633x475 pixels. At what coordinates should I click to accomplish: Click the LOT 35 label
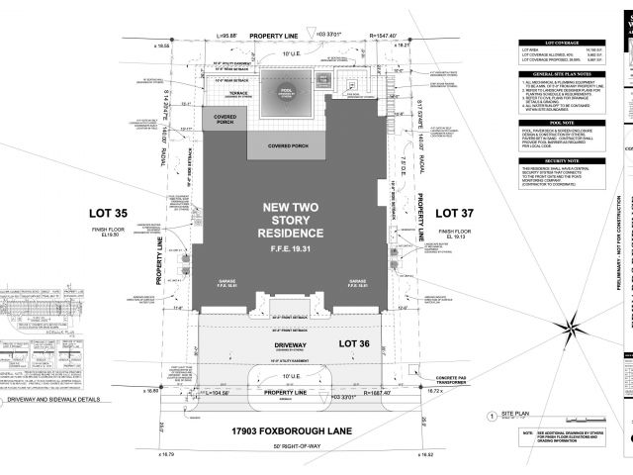coord(116,213)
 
